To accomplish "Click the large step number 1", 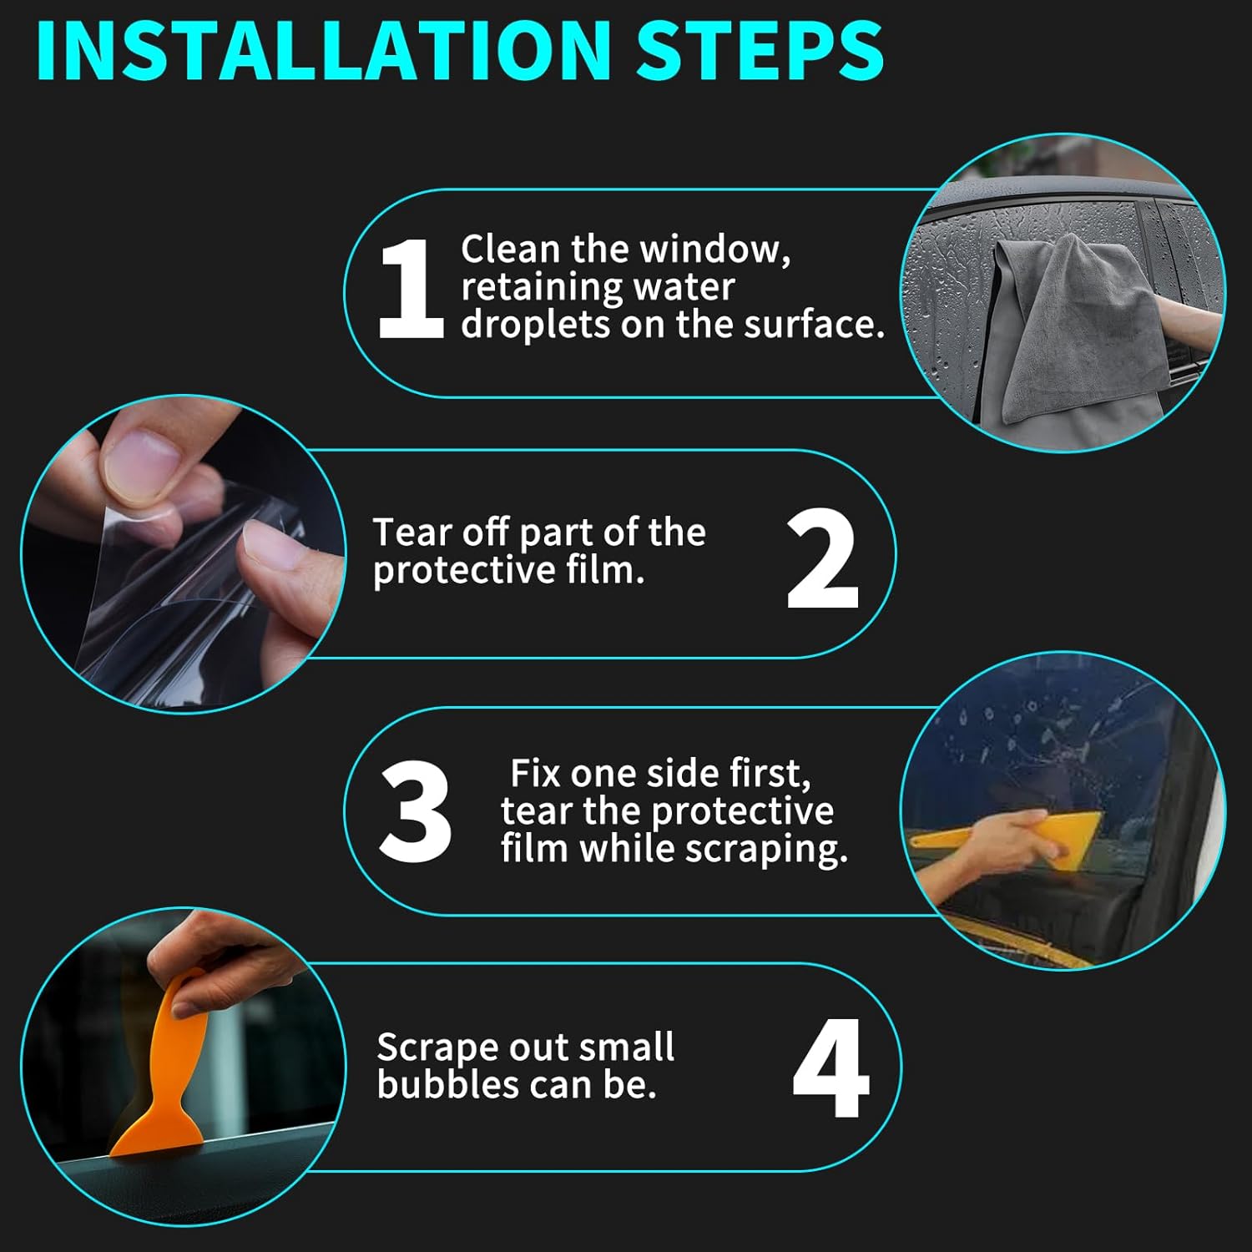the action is (x=410, y=288).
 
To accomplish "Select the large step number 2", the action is (x=822, y=558).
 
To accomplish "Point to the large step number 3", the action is (x=415, y=810).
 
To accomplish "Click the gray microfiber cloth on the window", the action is (x=1077, y=334).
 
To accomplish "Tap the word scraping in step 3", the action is (x=766, y=850).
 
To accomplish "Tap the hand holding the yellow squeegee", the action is (x=1002, y=843).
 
